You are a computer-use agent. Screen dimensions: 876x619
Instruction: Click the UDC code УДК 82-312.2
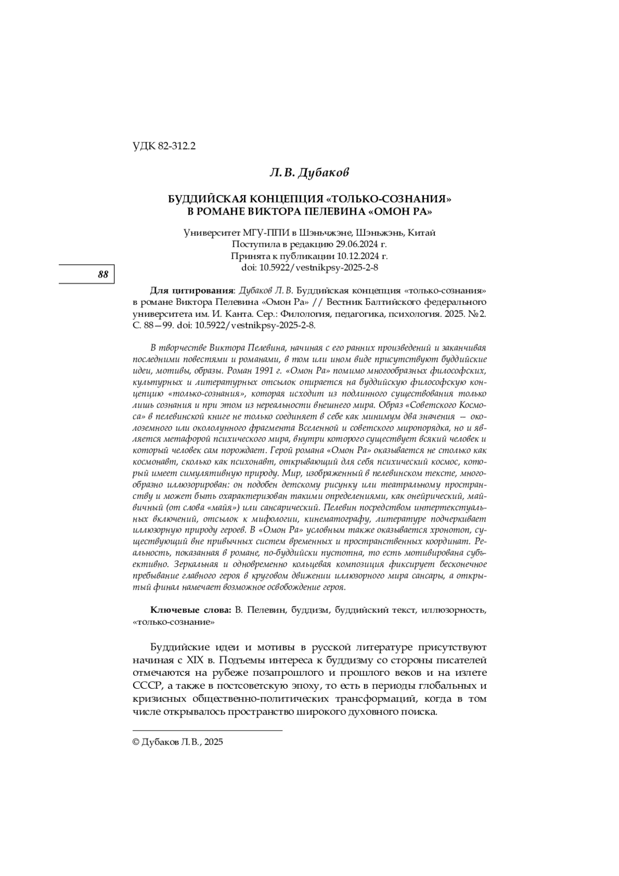point(164,147)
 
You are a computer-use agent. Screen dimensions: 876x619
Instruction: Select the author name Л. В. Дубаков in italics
point(309,172)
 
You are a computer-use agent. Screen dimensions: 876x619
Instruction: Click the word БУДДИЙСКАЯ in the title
point(206,199)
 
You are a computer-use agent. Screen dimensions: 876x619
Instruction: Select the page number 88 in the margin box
point(103,274)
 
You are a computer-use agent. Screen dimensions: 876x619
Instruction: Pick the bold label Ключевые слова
point(191,610)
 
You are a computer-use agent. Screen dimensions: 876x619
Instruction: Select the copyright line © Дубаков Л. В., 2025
point(178,742)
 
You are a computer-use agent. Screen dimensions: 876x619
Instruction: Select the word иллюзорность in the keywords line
point(453,610)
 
